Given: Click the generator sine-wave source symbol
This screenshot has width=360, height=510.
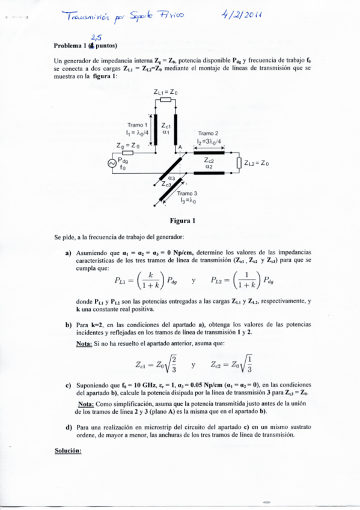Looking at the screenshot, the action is point(112,163).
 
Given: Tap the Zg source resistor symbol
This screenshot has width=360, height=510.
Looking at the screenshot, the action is point(128,153).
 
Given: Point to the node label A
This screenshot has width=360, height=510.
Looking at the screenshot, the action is point(178,147).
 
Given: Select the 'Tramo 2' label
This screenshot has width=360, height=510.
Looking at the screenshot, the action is point(208,134).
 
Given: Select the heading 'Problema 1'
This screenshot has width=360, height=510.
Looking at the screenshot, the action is point(70,45).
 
